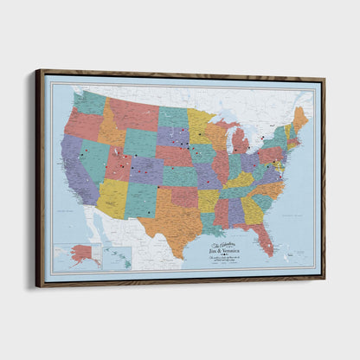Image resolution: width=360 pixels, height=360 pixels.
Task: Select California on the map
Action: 74,169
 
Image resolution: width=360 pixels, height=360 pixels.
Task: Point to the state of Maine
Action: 300,119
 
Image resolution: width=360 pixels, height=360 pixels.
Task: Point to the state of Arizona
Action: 112,196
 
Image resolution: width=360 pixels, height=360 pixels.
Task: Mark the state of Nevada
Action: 87,160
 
